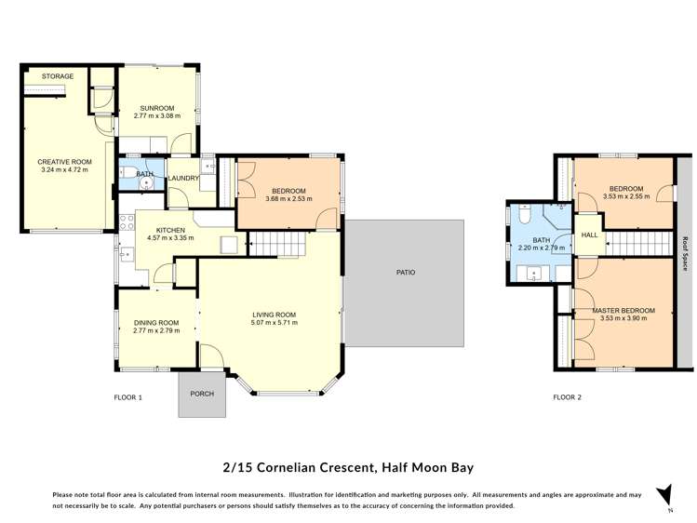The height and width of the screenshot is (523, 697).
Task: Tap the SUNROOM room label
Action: click(156, 108)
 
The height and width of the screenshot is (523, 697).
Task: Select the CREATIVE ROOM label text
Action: click(63, 161)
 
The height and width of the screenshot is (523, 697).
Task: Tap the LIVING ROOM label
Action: click(274, 315)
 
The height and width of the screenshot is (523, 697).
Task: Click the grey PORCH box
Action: click(202, 395)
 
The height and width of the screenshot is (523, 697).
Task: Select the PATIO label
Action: click(404, 273)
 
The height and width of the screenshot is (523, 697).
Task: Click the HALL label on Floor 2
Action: click(589, 235)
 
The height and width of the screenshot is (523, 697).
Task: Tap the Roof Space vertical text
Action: click(686, 251)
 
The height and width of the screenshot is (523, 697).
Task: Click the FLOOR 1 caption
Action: click(127, 398)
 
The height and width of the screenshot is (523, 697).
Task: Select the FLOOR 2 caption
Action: click(567, 398)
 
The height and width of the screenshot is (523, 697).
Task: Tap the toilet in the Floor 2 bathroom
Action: click(525, 217)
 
